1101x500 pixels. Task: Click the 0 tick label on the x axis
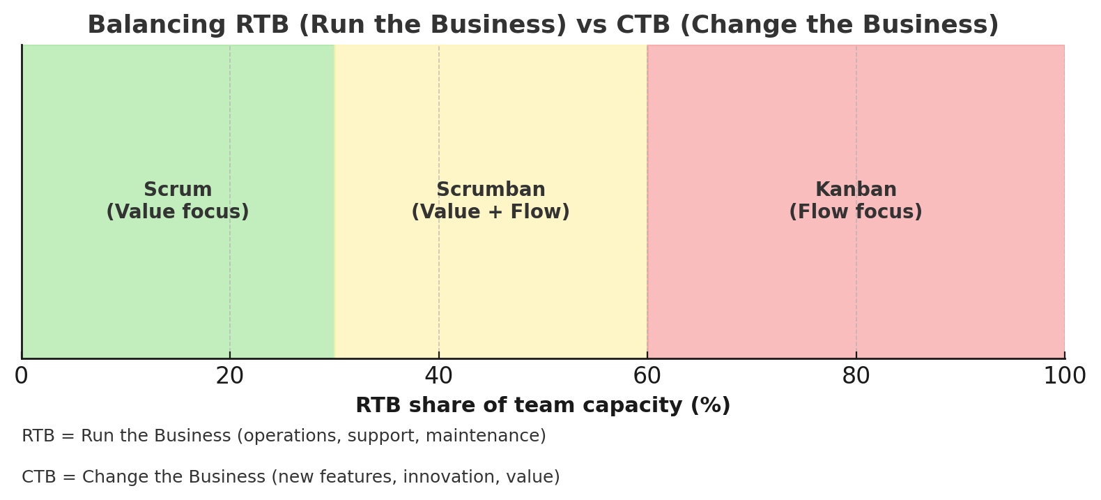(x=21, y=376)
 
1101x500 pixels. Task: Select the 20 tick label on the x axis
(x=229, y=376)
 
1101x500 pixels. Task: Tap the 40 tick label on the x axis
(x=438, y=376)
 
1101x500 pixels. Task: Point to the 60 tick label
(x=647, y=376)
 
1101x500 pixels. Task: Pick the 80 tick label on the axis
(x=856, y=376)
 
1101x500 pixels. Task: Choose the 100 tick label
(x=1064, y=376)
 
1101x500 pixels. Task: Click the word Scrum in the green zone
(x=178, y=189)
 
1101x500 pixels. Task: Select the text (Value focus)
(x=178, y=211)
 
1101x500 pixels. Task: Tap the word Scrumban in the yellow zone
(x=491, y=189)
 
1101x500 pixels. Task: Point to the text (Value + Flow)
(x=491, y=211)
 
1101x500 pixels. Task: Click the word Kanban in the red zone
(x=856, y=189)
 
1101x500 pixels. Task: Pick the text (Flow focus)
(x=856, y=211)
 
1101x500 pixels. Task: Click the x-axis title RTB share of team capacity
(x=543, y=405)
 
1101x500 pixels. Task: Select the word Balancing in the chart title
(x=157, y=25)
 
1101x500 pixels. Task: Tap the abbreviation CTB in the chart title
(x=643, y=24)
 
